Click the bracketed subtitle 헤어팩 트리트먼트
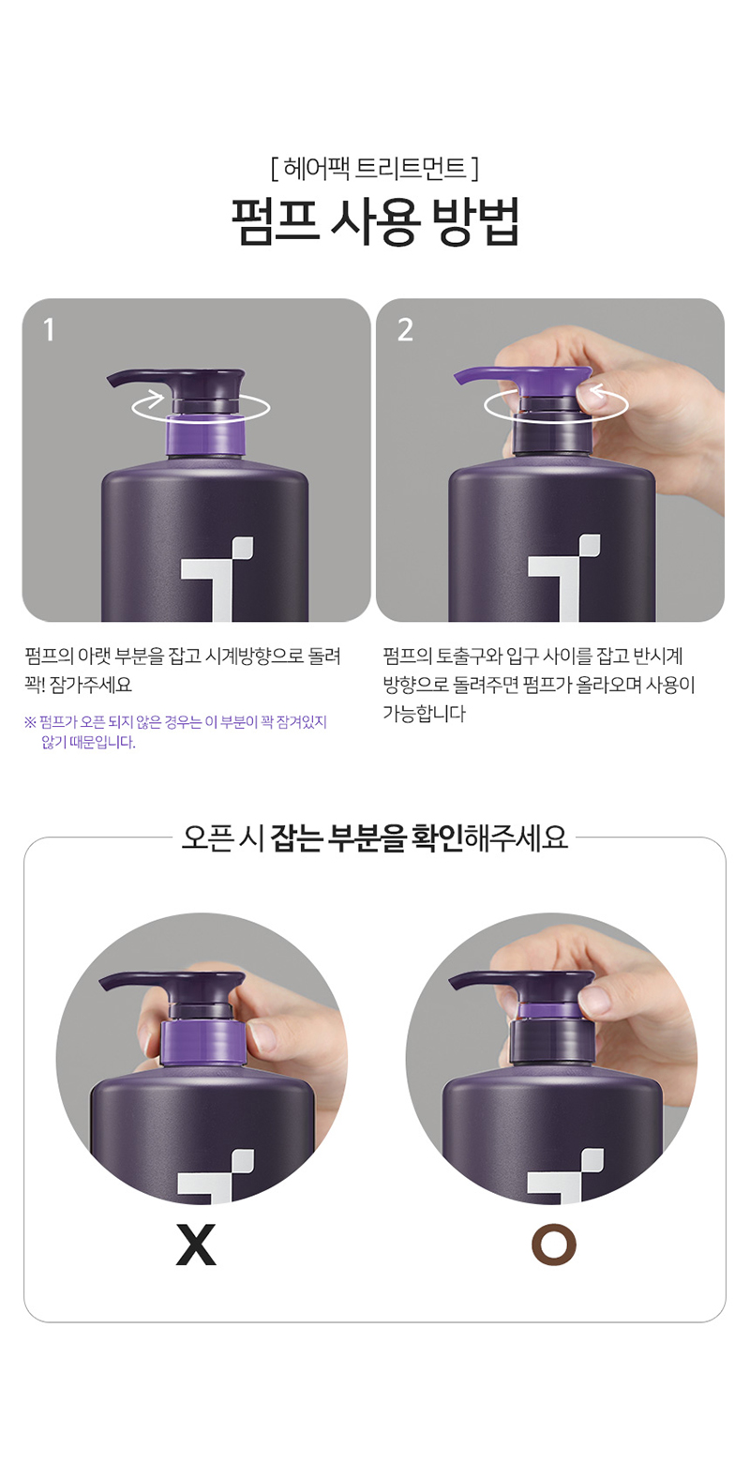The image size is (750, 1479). [x=374, y=169]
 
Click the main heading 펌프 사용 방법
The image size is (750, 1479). [x=375, y=221]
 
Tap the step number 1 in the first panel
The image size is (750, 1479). [x=48, y=329]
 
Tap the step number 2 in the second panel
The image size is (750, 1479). [x=405, y=329]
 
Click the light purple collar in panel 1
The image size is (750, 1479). [x=204, y=434]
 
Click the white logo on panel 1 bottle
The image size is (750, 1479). [x=217, y=579]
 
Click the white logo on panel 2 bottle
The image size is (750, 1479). [x=565, y=579]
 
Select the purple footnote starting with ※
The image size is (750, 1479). [x=175, y=732]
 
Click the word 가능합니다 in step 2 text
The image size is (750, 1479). [x=424, y=713]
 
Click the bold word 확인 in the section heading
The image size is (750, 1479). [x=436, y=838]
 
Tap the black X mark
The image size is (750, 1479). [x=196, y=1245]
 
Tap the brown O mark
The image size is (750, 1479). [x=554, y=1245]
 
